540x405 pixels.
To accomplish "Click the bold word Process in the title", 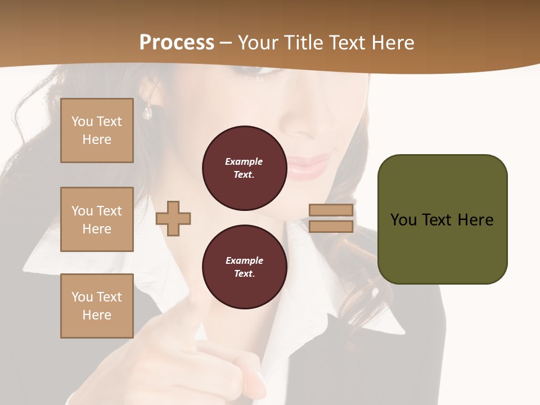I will tap(177, 43).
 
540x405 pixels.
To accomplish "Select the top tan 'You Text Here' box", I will tap(97, 130).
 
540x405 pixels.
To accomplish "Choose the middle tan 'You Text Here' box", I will tap(97, 219).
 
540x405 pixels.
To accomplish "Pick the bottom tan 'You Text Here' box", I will tap(97, 305).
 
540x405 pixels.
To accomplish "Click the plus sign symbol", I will tap(173, 218).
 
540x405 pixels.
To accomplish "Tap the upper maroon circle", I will tap(244, 168).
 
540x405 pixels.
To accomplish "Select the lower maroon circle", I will tap(244, 267).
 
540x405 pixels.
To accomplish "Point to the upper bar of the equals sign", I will tap(331, 210).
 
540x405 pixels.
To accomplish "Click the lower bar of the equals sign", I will tap(331, 226).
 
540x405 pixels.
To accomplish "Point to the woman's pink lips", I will tap(308, 164).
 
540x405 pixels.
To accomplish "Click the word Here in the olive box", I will tap(475, 220).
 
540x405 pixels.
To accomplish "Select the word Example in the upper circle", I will tap(244, 161).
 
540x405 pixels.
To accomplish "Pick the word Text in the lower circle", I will tap(244, 274).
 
